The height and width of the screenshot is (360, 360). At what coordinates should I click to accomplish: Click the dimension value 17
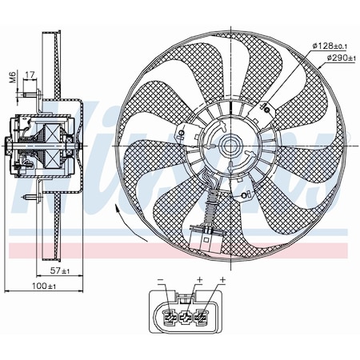pos(30,76)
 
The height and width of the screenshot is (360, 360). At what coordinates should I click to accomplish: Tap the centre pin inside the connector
pos(189,316)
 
